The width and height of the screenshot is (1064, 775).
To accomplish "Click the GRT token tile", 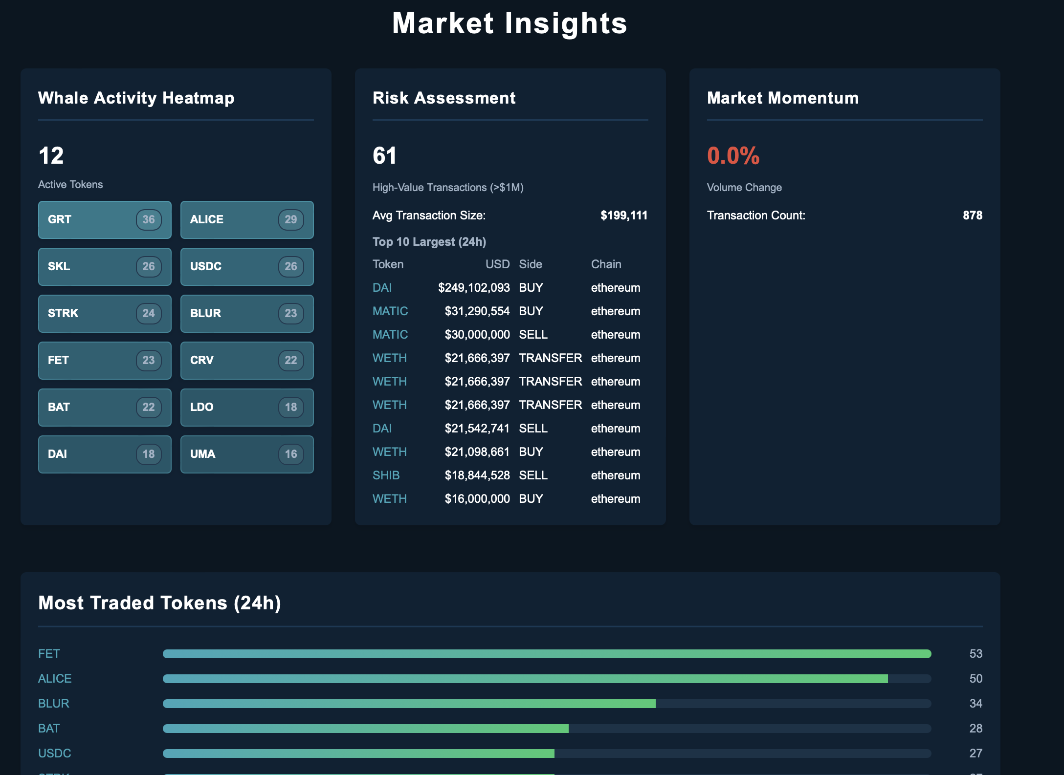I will pos(104,220).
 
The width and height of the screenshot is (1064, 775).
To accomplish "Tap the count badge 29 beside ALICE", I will pos(290,220).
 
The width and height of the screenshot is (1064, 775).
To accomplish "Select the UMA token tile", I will pos(246,454).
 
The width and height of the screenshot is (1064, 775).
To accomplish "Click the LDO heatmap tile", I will pos(246,408).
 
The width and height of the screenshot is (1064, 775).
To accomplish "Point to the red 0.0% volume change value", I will pos(733,156).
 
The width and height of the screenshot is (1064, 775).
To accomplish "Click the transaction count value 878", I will pos(972,215).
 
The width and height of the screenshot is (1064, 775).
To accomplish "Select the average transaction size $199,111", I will pos(623,215).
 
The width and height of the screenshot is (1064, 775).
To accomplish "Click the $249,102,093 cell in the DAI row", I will pos(473,288).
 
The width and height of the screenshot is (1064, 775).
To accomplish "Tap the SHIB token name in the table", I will pos(386,475).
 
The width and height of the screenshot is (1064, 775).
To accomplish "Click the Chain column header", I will pos(606,264).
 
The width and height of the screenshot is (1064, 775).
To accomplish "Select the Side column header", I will pos(530,264).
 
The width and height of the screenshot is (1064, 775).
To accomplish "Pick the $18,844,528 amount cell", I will pos(477,475).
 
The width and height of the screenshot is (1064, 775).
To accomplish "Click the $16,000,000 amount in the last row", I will pos(477,499).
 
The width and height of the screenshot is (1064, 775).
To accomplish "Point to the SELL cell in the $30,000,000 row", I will pos(533,335).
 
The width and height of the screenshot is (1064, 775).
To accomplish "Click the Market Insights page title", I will pos(510,23).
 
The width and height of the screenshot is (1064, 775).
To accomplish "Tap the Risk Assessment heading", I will pos(443,98).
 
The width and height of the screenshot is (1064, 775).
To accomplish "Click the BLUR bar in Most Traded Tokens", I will pos(409,704).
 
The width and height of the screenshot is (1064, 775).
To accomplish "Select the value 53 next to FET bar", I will pos(975,654).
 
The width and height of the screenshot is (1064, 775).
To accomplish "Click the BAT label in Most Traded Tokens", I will pos(49,729).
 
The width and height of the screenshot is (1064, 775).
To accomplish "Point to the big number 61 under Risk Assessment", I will pos(384,156).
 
